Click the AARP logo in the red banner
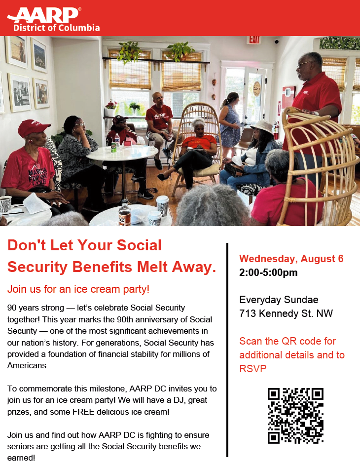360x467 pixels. point(44,15)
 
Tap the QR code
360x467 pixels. point(295,416)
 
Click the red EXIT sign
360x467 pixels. point(254,40)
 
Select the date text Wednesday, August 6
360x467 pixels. point(291,259)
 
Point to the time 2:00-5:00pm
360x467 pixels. point(268,272)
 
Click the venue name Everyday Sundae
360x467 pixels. point(279,300)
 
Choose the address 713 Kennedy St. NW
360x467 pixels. point(286,313)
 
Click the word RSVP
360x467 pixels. point(253,369)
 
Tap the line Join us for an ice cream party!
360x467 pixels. point(78,289)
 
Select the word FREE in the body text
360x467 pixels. point(84,412)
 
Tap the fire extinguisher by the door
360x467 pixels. point(276,130)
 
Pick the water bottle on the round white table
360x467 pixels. point(117,140)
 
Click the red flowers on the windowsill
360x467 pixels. point(111,105)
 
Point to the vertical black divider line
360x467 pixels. point(227,350)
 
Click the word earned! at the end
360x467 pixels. point(21,458)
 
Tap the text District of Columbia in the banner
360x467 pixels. point(57,28)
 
